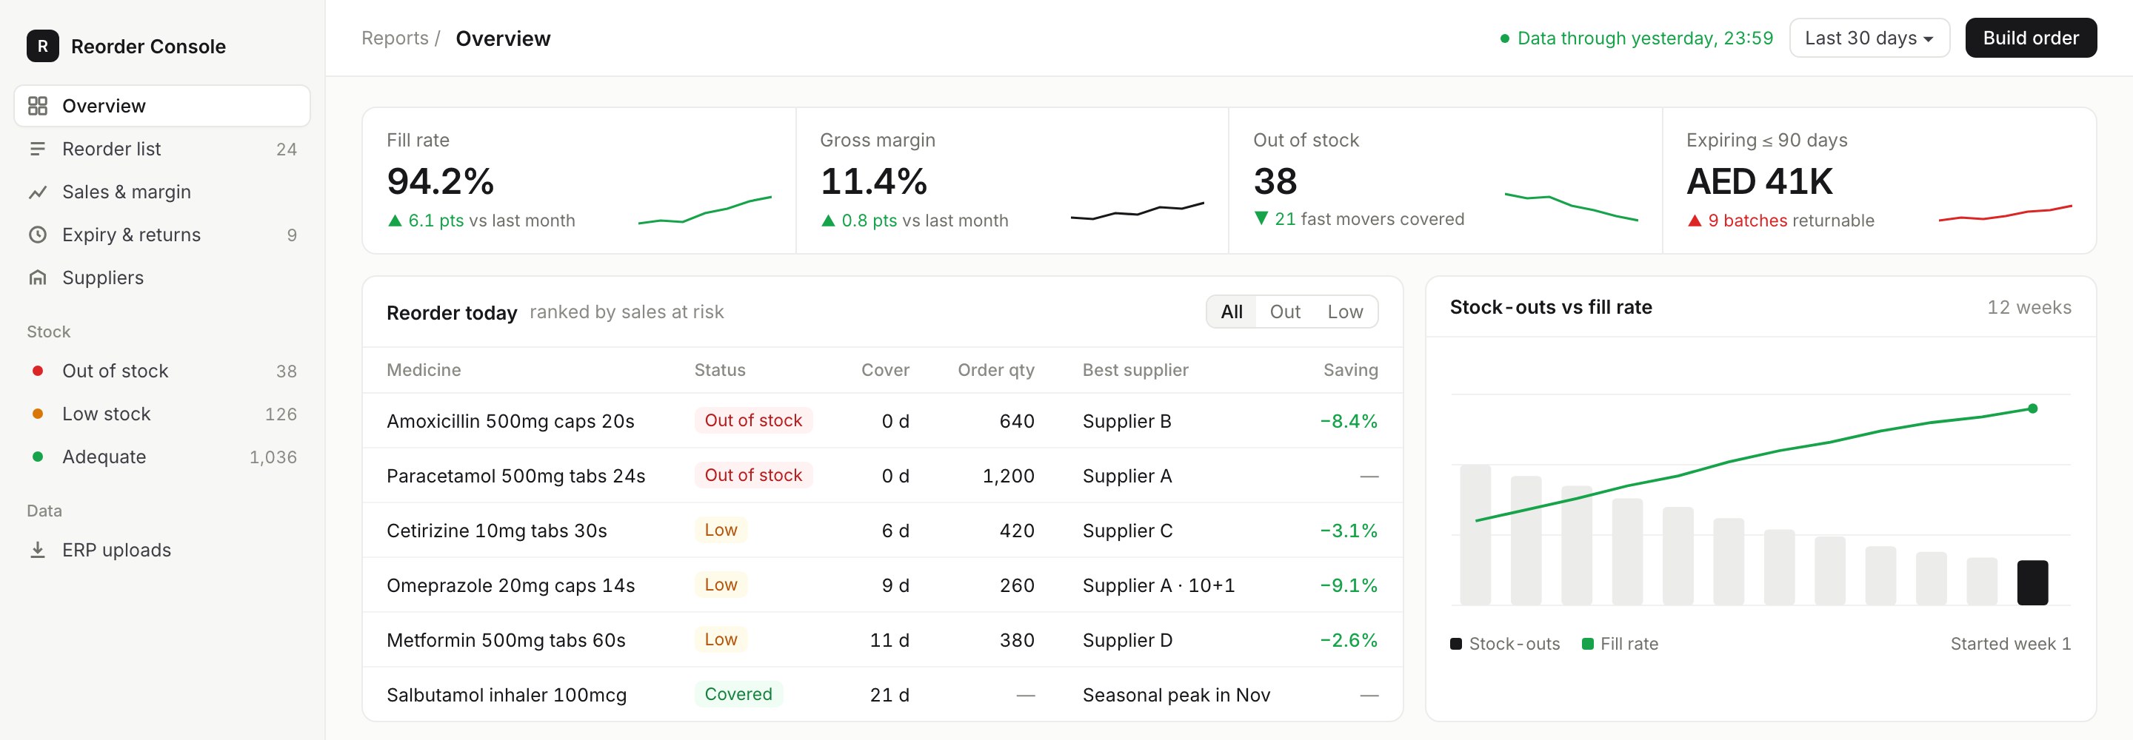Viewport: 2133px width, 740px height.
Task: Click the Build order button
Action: [2030, 38]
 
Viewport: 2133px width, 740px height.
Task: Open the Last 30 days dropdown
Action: [1869, 38]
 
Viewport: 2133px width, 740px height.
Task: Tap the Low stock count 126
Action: [281, 414]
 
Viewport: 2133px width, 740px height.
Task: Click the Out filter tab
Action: [1284, 312]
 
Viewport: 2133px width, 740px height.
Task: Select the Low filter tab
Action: [1345, 312]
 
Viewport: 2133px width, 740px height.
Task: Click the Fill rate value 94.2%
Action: [441, 181]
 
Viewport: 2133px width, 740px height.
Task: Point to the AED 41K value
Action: [1760, 181]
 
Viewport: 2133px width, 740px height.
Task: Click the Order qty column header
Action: [996, 370]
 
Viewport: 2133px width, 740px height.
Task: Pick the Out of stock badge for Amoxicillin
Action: [753, 420]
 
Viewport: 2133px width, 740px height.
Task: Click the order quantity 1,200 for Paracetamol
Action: [1009, 476]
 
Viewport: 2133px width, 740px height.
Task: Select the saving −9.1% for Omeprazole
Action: [1349, 585]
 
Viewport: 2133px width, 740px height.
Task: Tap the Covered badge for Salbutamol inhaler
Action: [738, 693]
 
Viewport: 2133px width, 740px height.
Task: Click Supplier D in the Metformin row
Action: [1127, 640]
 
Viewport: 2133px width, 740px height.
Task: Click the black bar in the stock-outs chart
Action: [2032, 582]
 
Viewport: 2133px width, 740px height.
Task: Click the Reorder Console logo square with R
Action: [43, 47]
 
